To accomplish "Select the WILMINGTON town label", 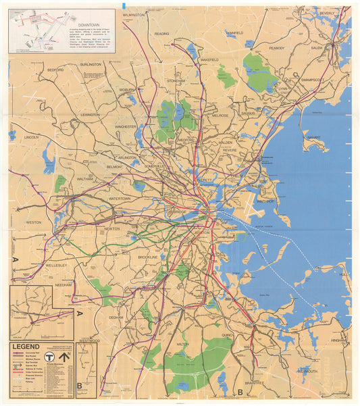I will (134, 14).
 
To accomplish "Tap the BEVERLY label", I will (327, 14).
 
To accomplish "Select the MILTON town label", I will (182, 344).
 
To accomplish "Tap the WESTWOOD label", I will (89, 341).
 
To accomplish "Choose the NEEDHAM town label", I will (63, 285).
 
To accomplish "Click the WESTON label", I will (33, 222).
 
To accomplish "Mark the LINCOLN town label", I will (31, 137).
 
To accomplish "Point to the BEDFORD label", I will (55, 70).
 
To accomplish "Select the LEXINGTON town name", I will (90, 115).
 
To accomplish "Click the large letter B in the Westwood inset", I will (80, 386).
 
